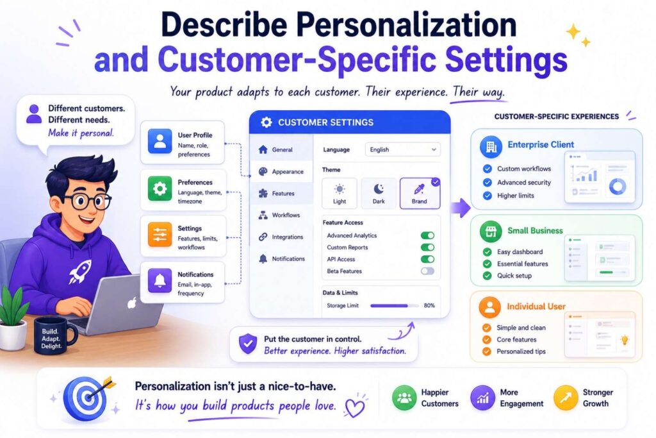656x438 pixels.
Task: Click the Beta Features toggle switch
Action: (427, 271)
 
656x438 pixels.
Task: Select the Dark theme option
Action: (379, 192)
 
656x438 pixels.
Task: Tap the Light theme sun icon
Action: (340, 189)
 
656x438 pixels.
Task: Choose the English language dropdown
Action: (402, 149)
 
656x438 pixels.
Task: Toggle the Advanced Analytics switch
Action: (427, 235)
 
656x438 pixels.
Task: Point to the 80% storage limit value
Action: (429, 305)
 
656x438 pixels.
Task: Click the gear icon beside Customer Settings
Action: (266, 122)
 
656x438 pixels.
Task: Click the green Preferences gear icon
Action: (160, 189)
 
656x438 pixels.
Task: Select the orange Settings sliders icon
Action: (160, 235)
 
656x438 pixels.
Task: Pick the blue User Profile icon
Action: (160, 141)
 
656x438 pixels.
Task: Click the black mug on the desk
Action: (54, 333)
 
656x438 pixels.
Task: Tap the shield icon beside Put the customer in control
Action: (247, 344)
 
